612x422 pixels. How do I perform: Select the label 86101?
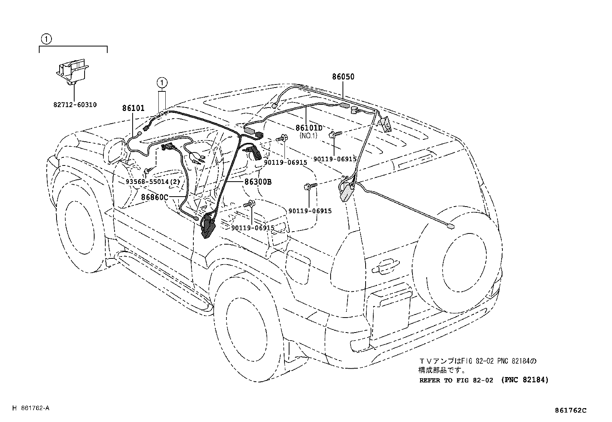pyautogui.click(x=133, y=108)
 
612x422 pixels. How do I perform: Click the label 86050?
pyautogui.click(x=343, y=77)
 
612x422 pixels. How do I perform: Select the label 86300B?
pyautogui.click(x=258, y=182)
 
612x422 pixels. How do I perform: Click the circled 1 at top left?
pyautogui.click(x=46, y=39)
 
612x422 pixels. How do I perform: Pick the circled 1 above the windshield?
pyautogui.click(x=162, y=82)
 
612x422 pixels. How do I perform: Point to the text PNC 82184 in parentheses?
pyautogui.click(x=525, y=380)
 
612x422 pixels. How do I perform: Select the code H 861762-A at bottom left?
pyautogui.click(x=31, y=408)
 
